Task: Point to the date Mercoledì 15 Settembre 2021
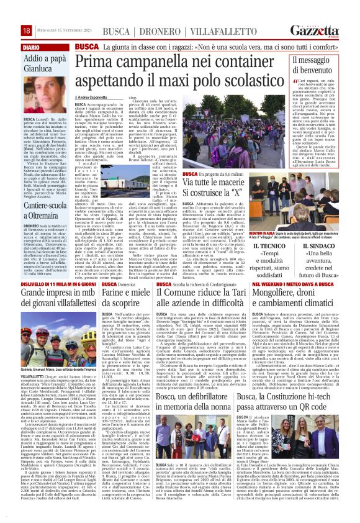pos(58,31)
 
